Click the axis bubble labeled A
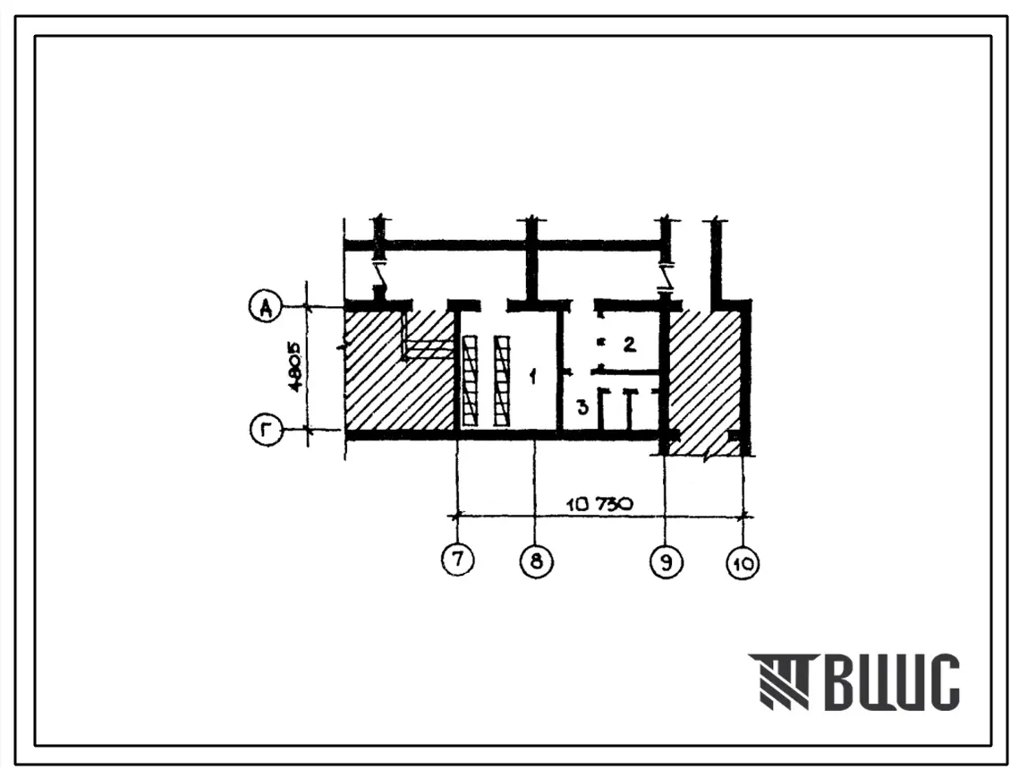point(266,306)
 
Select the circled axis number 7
point(458,560)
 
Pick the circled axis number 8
point(536,560)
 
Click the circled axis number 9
point(667,561)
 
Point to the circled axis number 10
point(743,562)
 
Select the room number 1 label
point(533,376)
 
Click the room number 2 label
point(629,344)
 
